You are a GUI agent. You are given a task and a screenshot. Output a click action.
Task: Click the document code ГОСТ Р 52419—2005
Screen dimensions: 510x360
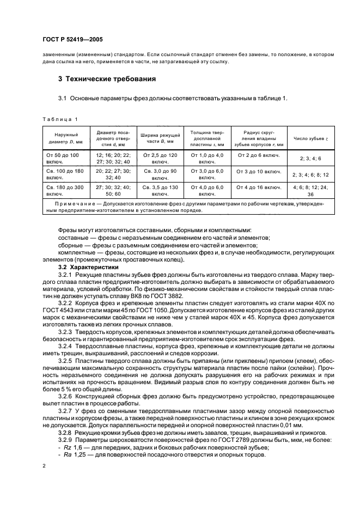point(72,39)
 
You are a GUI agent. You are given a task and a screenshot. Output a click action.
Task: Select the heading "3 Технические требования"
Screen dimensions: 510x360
point(107,79)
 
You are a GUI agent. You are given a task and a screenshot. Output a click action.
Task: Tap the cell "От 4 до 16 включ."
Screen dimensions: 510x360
point(259,187)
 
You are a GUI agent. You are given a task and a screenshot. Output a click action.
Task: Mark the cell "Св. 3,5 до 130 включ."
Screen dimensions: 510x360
point(160,190)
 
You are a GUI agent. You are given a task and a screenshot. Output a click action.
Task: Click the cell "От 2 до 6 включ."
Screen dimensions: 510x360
point(259,155)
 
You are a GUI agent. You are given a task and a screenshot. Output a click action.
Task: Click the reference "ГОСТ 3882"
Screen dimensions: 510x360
point(166,296)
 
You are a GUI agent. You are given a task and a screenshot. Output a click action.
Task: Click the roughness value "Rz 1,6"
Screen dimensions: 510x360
point(72,447)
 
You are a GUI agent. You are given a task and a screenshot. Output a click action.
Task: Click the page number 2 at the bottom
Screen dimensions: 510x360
point(43,466)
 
